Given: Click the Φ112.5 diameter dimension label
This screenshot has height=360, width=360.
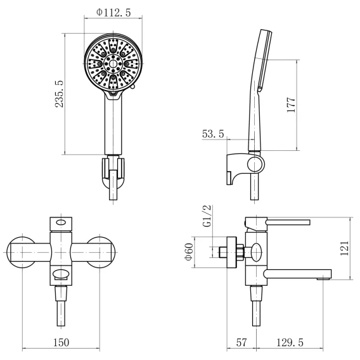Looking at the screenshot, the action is click(113, 13).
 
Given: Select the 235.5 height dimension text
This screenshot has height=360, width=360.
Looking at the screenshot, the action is click(59, 94).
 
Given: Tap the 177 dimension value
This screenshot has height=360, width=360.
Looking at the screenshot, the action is click(291, 105).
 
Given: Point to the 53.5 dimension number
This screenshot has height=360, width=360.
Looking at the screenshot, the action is click(213, 134).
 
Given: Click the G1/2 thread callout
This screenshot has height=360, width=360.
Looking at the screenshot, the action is click(207, 216).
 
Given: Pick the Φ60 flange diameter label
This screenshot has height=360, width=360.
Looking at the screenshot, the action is click(189, 252).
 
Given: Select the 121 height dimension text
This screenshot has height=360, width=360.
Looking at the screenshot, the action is click(344, 248).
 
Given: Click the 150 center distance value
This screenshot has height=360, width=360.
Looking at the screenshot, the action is click(61, 342).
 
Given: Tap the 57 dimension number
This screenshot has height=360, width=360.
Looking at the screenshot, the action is click(241, 342).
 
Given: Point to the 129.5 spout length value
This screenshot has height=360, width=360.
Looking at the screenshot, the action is click(290, 342).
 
